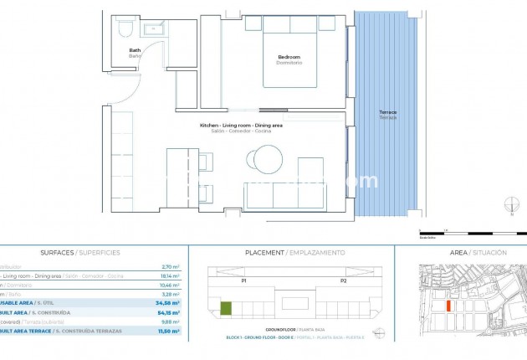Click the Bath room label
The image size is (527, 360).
click(135, 53)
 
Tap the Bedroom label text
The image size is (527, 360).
click(289, 59)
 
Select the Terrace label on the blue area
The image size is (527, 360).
click(388, 114)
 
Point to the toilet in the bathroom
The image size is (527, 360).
click(125, 29)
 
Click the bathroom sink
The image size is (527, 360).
click(155, 30)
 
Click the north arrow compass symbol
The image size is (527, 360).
click(511, 204)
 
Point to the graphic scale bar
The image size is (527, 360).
click(468, 233)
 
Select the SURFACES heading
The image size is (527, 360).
click(80, 252)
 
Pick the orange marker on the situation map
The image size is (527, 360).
click(449, 306)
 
